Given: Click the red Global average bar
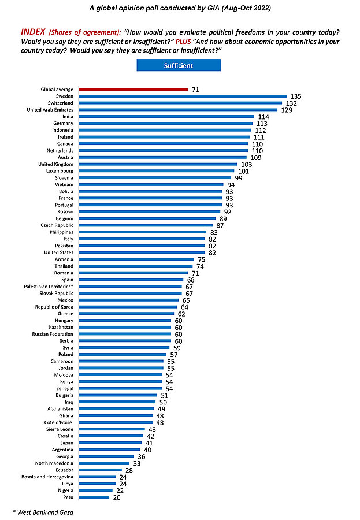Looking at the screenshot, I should point(133,89).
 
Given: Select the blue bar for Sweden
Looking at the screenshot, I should point(183,96).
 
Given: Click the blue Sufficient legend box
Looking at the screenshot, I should point(179,65).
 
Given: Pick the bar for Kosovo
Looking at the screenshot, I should point(150,211).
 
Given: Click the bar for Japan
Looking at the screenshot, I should point(110,442).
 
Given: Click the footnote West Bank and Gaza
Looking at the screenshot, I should point(43,512).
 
